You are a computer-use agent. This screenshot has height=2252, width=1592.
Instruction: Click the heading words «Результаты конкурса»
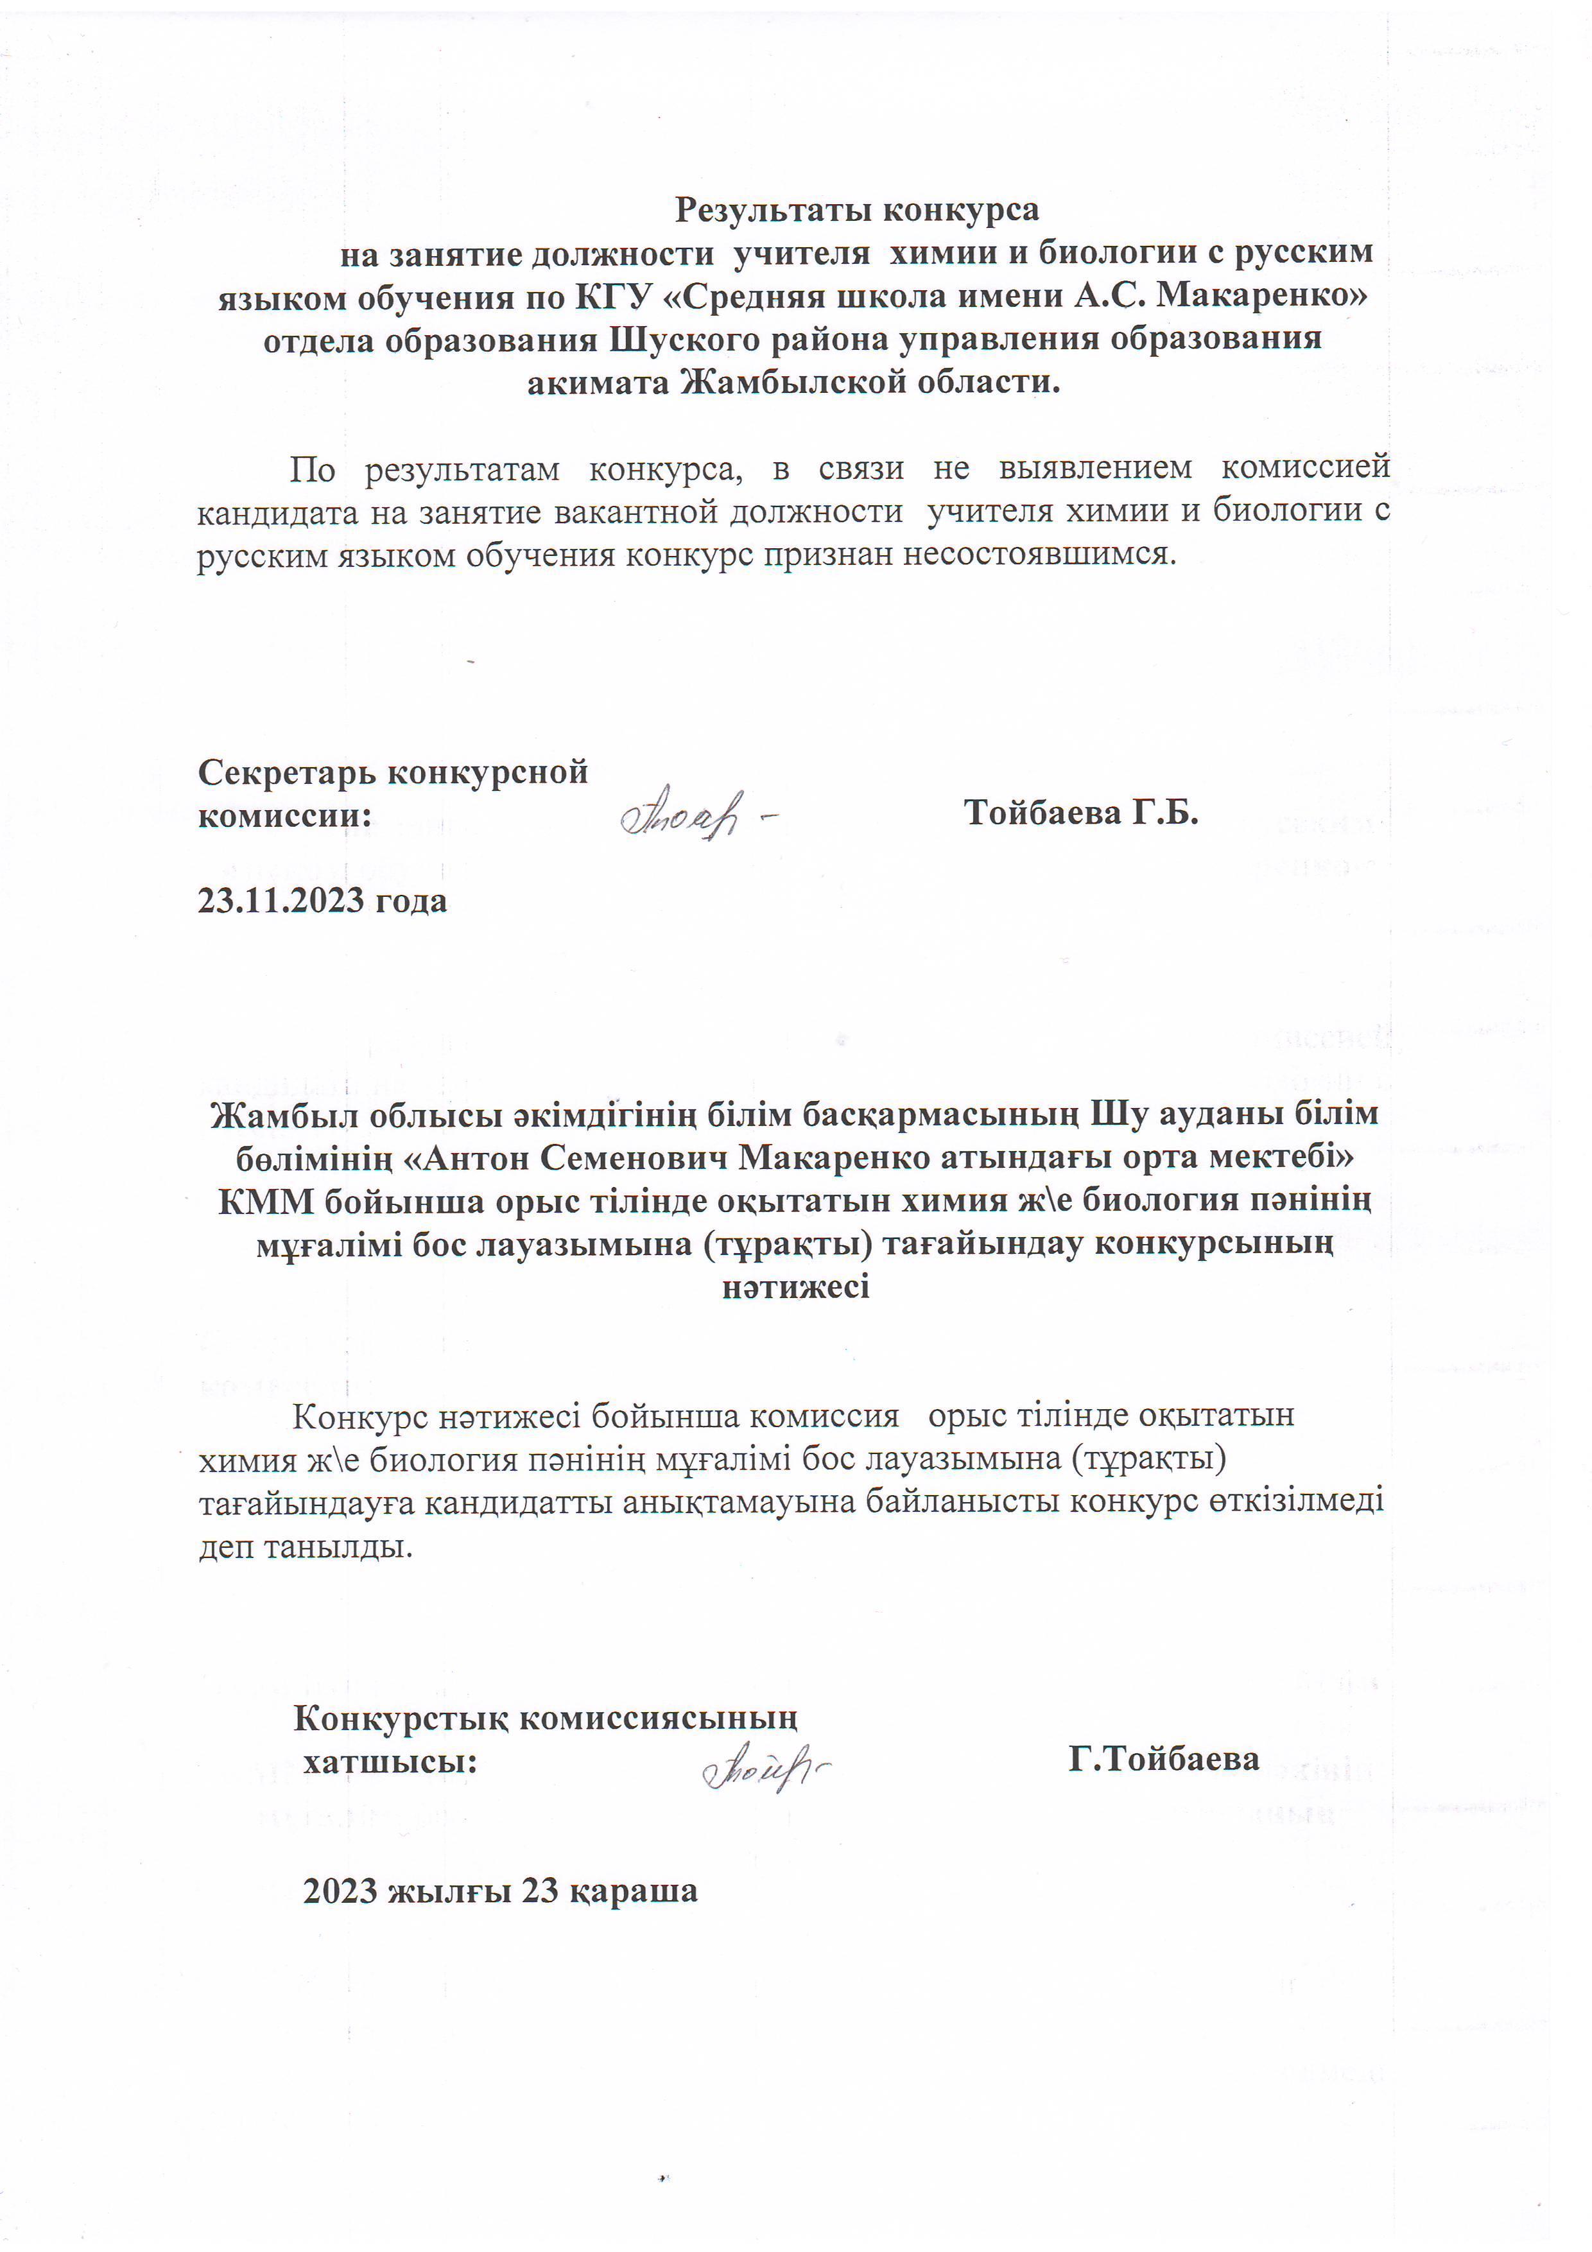click(x=856, y=209)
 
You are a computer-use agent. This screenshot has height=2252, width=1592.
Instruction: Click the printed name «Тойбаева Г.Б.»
click(x=1081, y=812)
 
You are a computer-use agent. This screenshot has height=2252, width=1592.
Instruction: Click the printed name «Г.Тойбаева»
click(x=1163, y=1758)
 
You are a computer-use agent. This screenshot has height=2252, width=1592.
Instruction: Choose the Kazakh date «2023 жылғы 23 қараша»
click(x=500, y=1890)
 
